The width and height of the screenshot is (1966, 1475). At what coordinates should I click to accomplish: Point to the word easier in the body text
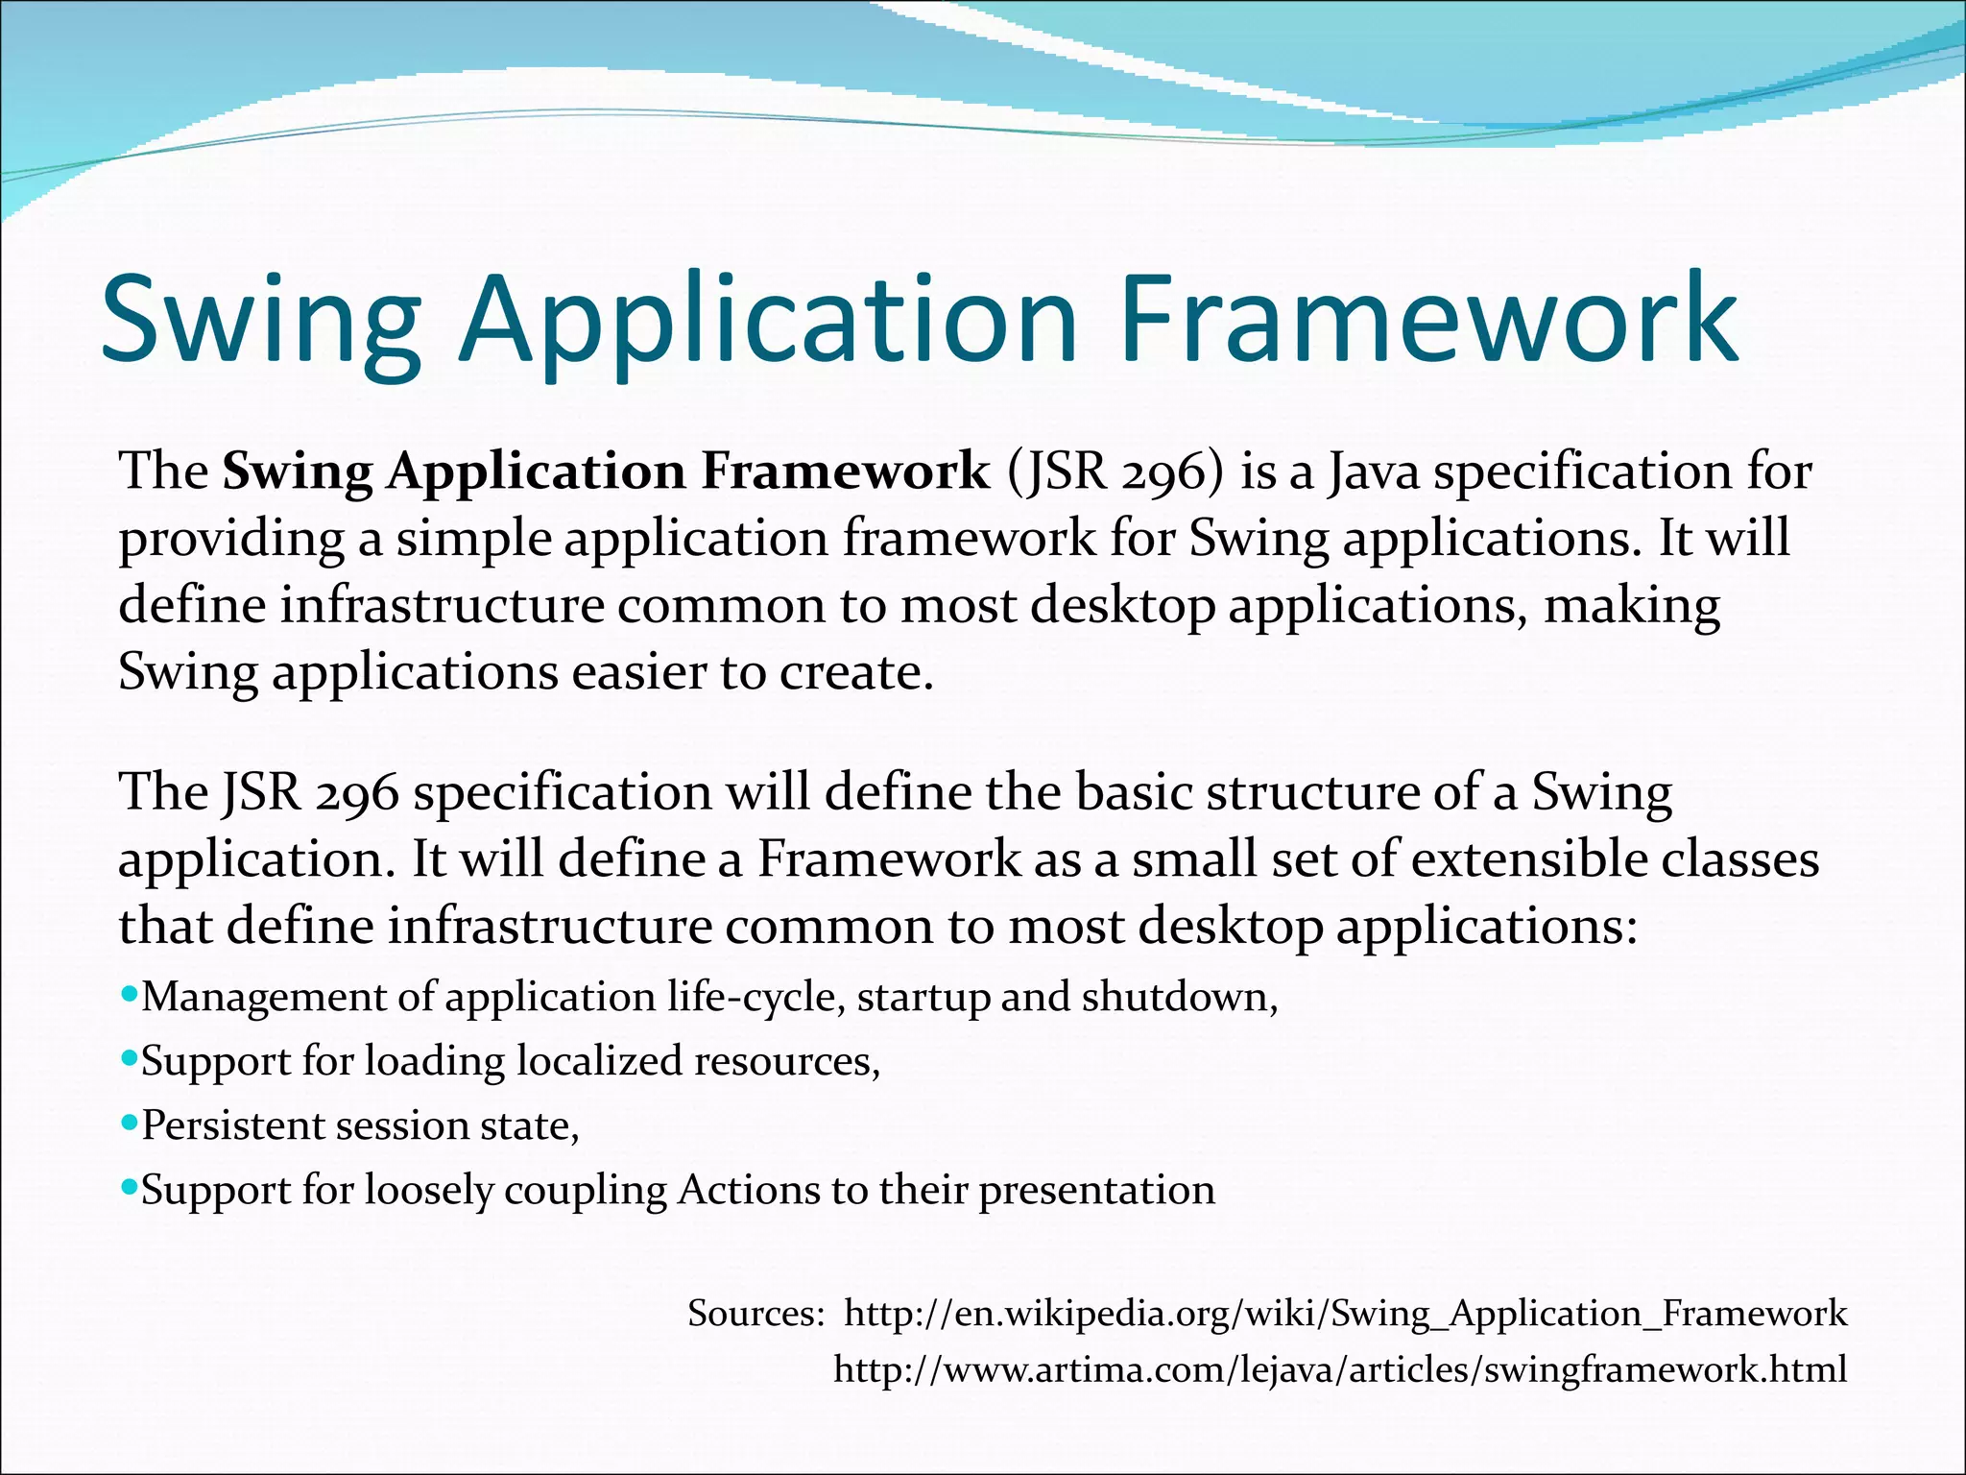coord(637,672)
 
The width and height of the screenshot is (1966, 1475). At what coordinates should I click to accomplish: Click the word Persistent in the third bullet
coord(233,1125)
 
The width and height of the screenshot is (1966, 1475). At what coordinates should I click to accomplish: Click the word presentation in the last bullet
coord(1096,1191)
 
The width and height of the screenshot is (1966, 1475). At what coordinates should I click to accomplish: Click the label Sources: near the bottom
coord(755,1313)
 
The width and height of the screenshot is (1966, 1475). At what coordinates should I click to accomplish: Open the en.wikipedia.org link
coord(1345,1313)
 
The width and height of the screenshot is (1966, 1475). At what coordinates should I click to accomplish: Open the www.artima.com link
coord(1340,1368)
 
